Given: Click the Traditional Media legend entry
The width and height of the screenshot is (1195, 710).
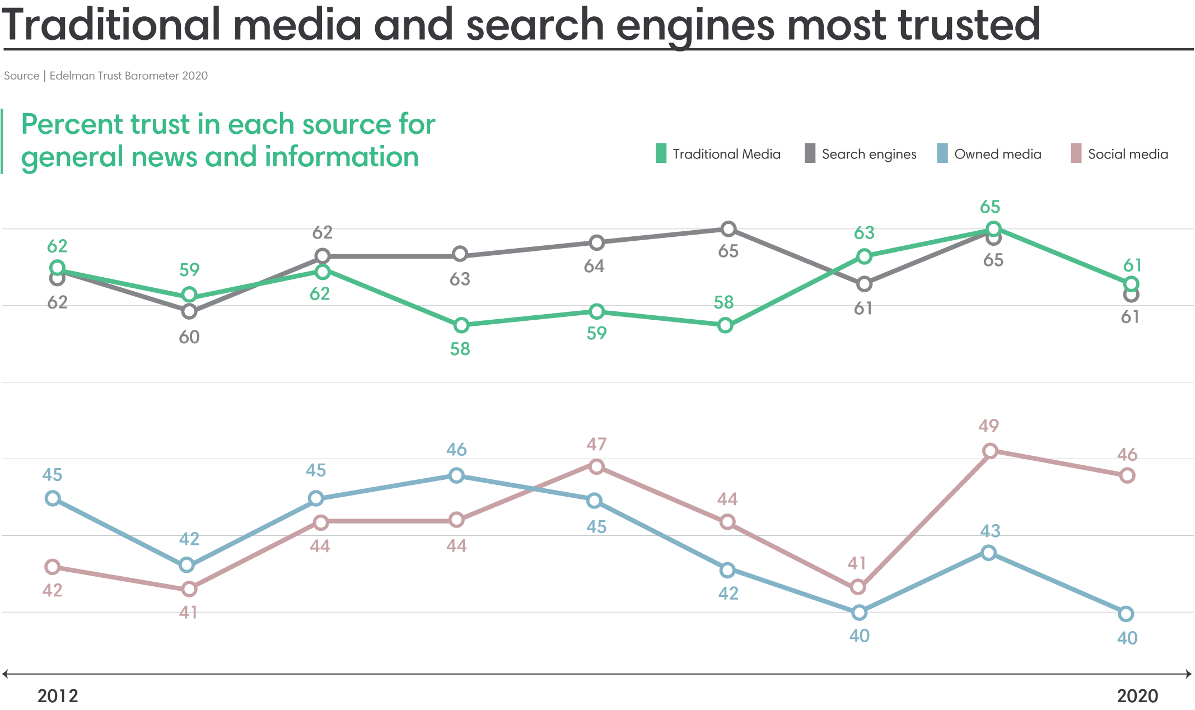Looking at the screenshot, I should coord(718,154).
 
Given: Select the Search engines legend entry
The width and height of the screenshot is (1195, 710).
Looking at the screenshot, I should coord(861,154).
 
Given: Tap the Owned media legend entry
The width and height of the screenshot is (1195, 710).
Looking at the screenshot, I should coord(989,154).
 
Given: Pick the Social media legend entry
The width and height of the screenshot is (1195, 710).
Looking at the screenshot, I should coord(1120,154).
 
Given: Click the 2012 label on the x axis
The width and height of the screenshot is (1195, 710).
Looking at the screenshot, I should coord(58,696).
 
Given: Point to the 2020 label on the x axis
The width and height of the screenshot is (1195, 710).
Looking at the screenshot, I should coord(1137,696).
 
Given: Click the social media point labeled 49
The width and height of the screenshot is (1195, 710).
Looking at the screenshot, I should coord(990,451).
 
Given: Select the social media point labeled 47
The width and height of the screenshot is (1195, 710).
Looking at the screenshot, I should coord(597,466).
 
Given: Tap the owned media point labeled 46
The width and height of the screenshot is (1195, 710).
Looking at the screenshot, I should coord(457,475).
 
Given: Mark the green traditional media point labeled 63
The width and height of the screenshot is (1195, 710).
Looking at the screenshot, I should coord(864,256).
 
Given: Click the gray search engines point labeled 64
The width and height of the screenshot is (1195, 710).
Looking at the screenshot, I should coord(597,242).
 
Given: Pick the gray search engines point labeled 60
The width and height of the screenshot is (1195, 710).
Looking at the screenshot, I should coord(189,311).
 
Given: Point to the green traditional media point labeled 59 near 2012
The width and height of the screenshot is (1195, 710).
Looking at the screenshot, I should coord(189,295).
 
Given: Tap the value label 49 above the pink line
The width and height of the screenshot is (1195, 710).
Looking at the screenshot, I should coord(988,426).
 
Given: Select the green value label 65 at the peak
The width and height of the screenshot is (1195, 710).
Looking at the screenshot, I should coord(989,207).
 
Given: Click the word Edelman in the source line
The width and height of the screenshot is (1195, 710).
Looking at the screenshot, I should coord(71,76).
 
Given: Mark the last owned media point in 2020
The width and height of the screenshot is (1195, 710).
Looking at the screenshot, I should coord(1126,614).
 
